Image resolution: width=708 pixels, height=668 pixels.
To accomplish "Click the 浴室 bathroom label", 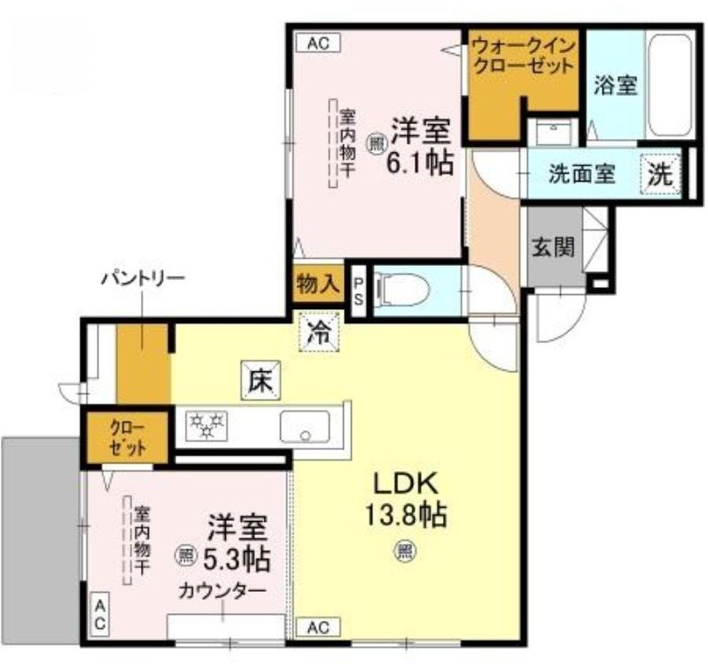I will (615, 87).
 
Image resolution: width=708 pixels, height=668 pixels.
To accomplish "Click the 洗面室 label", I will (581, 175).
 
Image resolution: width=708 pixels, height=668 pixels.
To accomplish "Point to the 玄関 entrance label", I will (553, 247).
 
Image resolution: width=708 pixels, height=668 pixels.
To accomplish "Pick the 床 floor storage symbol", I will (259, 382).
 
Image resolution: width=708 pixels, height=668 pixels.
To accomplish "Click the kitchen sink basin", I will (305, 427).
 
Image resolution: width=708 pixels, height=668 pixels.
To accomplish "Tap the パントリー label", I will (142, 279).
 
